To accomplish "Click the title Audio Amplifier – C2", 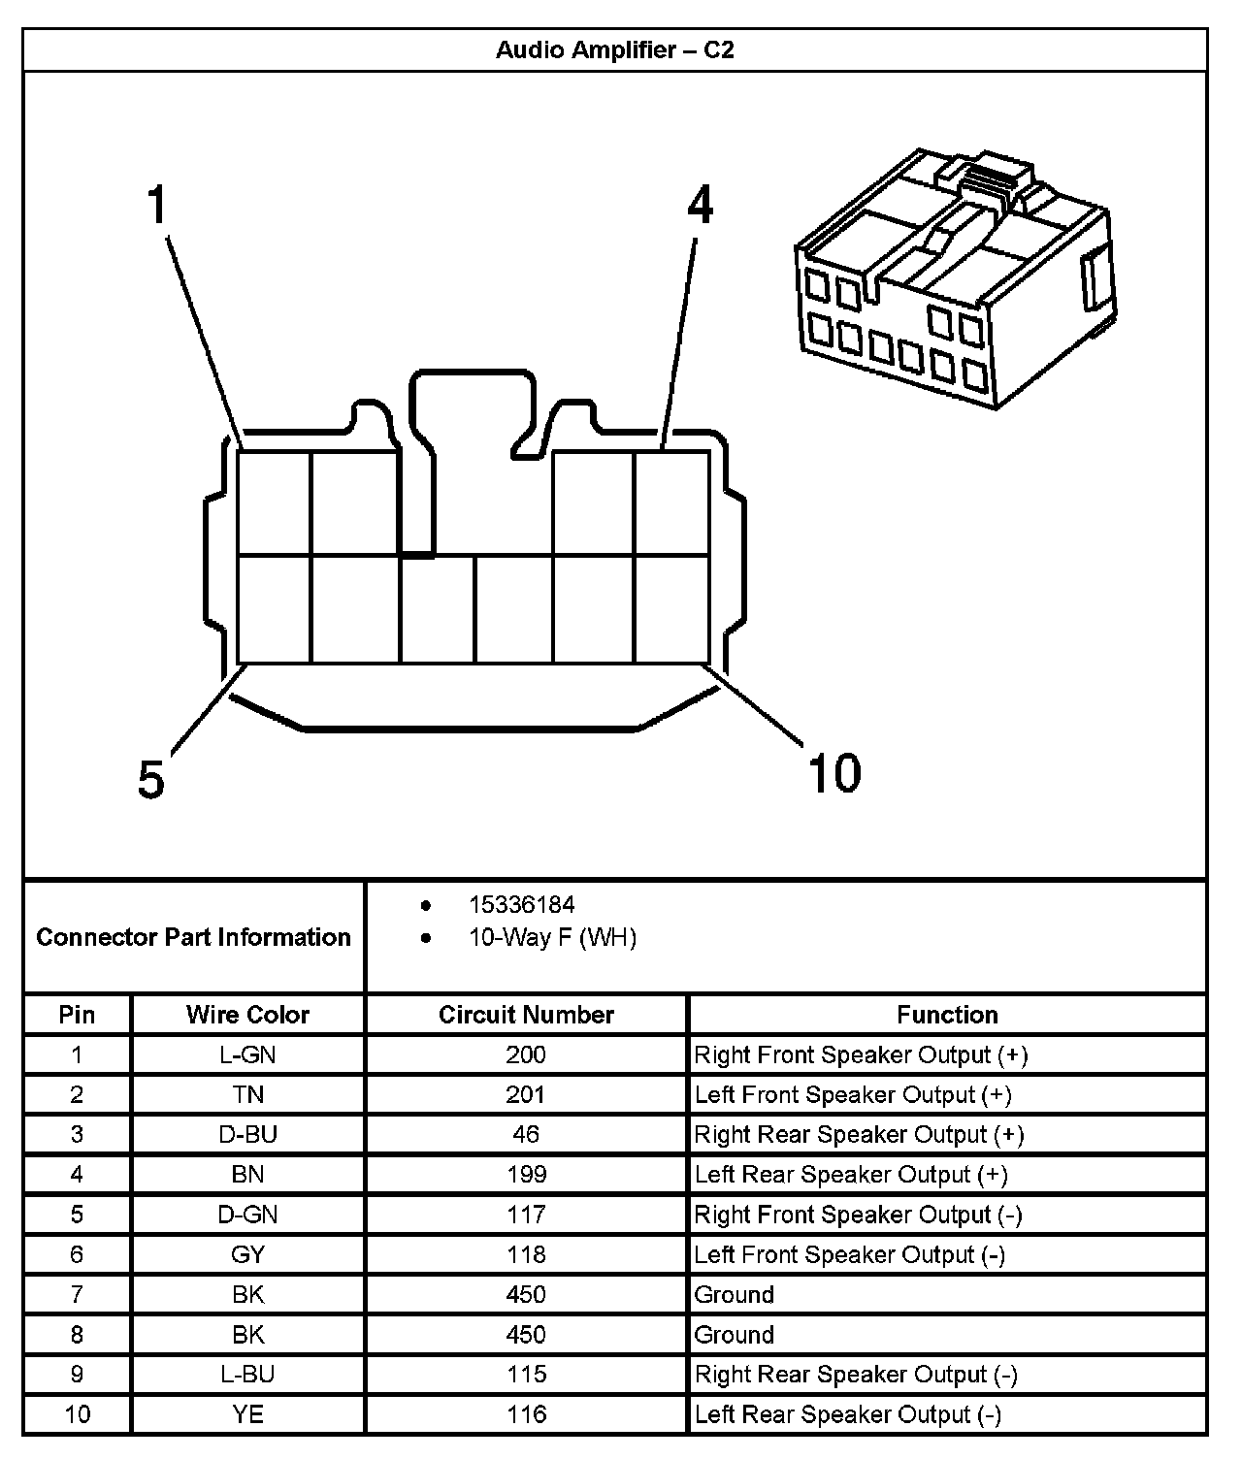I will (x=614, y=49).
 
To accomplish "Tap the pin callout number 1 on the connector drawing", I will (x=157, y=206).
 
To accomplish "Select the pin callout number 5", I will (x=151, y=779).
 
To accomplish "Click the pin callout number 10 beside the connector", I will (x=833, y=773).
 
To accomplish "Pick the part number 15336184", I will (x=521, y=904).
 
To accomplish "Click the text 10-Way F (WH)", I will (x=552, y=938).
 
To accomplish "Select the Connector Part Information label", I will (x=193, y=937).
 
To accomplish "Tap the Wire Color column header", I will (x=247, y=1015).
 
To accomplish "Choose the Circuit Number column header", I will (x=526, y=1015).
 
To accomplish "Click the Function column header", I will (x=947, y=1015).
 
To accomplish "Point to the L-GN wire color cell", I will (x=247, y=1054).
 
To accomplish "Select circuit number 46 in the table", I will (x=526, y=1134).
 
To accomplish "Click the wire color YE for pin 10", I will (x=247, y=1414).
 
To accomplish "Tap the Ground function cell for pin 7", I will (x=735, y=1294).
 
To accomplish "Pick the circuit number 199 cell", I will (x=526, y=1175).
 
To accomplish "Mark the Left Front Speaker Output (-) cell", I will (x=849, y=1254).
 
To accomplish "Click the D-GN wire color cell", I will (x=247, y=1215).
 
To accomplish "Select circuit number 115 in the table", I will (x=526, y=1375).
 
